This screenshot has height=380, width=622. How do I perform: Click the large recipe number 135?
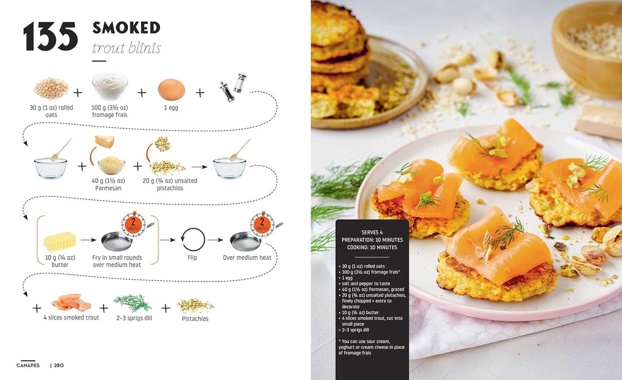[x=50, y=36]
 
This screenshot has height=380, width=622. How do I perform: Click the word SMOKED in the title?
[x=126, y=28]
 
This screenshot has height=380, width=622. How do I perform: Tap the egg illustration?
[x=172, y=90]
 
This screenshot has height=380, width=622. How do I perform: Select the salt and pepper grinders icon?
[x=233, y=87]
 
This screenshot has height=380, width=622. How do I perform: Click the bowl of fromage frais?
[x=110, y=86]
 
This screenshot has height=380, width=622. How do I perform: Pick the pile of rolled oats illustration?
[x=51, y=88]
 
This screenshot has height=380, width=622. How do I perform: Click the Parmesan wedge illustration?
[x=104, y=141]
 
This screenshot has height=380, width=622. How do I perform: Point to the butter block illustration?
[x=59, y=241]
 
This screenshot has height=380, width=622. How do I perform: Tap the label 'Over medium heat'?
[x=247, y=257]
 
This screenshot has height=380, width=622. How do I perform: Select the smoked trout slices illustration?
[x=71, y=303]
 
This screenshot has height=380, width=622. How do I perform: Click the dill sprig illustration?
[x=133, y=303]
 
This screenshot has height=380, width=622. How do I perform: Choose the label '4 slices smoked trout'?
[x=71, y=318]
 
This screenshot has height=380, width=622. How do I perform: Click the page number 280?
[x=59, y=366]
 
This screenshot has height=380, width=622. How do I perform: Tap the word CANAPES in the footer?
[x=28, y=366]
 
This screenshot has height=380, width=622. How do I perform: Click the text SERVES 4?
[x=372, y=233]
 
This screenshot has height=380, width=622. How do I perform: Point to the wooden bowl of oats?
[x=587, y=50]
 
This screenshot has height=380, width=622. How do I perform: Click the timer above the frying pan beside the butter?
[x=133, y=224]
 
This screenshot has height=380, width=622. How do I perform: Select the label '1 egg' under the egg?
[x=172, y=108]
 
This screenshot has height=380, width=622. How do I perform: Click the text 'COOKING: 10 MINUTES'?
[x=372, y=247]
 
